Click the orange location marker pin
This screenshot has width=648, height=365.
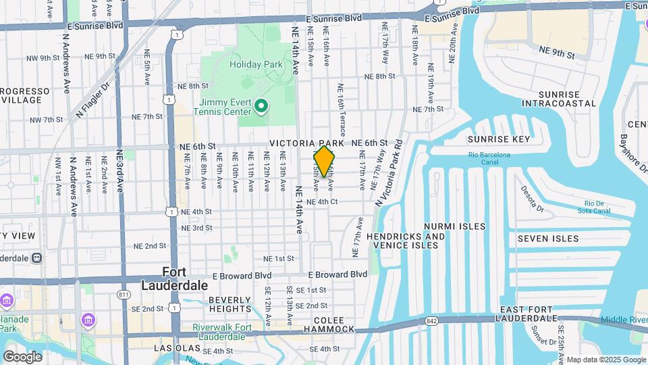(324, 162)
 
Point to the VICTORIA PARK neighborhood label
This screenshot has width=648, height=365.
(307, 143)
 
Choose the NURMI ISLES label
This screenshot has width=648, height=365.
(454, 226)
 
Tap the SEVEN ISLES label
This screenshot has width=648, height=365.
(548, 239)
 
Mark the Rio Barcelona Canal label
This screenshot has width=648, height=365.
(489, 159)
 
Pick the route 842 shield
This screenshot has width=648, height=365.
(431, 320)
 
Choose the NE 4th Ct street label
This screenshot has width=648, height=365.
(321, 201)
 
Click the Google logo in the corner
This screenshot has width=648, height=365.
(22, 356)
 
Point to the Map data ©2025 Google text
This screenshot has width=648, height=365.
(605, 360)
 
